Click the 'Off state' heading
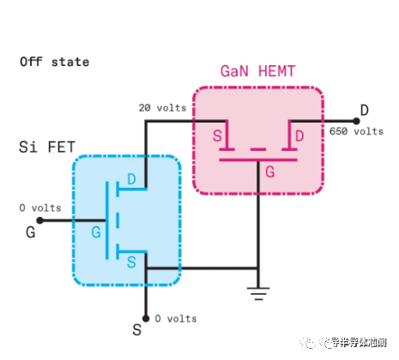click(x=54, y=62)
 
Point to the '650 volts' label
click(x=355, y=131)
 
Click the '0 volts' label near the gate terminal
click(x=40, y=207)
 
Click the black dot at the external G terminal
click(x=39, y=220)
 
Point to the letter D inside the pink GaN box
click(x=299, y=136)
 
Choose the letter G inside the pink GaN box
click(x=269, y=171)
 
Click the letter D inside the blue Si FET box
click(x=131, y=178)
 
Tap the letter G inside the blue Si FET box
click(x=97, y=231)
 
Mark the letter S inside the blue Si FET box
click(x=131, y=259)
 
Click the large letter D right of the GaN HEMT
click(x=364, y=110)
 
